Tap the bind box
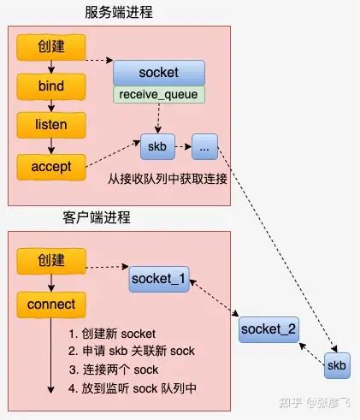click(x=51, y=87)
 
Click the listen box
click(x=51, y=125)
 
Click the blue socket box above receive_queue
click(x=159, y=72)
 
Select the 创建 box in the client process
click(x=51, y=259)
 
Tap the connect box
click(x=51, y=304)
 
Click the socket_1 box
click(x=160, y=279)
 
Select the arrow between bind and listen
click(x=51, y=106)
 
